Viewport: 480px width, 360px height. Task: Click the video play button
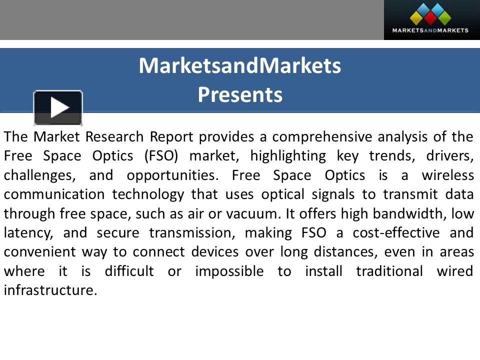pos(58,107)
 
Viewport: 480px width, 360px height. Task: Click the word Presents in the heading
pos(240,94)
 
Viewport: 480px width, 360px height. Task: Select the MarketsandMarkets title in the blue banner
pos(240,65)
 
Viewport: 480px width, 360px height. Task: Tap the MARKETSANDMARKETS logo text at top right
pos(430,30)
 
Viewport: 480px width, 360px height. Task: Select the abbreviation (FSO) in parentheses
pos(160,156)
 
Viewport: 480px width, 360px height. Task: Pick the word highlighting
pos(287,156)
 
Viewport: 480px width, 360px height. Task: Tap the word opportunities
pos(169,175)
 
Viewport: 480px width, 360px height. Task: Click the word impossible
pos(229,271)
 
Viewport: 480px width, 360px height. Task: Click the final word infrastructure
pos(49,290)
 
